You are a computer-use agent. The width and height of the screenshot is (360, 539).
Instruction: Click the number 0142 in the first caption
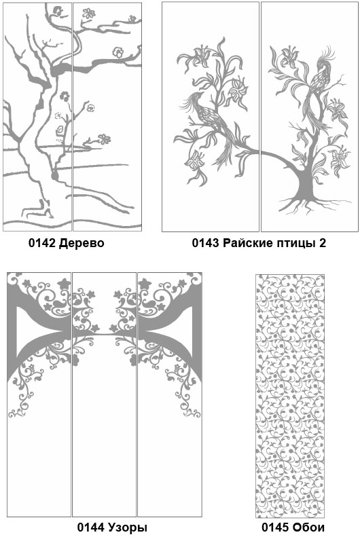click(42, 243)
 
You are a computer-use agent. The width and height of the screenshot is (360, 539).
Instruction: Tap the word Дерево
click(82, 243)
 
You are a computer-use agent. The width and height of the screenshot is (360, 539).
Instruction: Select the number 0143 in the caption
click(205, 243)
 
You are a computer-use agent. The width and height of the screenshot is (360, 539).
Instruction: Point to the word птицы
click(295, 244)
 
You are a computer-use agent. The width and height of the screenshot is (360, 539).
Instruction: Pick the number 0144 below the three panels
click(90, 527)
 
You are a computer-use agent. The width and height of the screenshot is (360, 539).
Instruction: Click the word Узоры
click(128, 527)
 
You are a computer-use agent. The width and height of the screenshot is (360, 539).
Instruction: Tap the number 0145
click(275, 527)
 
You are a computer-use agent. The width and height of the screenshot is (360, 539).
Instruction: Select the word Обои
click(308, 527)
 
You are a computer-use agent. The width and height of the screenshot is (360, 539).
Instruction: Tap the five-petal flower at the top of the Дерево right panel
click(89, 14)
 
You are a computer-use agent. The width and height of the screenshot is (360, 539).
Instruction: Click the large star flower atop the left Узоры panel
click(64, 283)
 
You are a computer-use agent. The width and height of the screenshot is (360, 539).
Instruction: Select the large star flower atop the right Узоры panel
click(145, 283)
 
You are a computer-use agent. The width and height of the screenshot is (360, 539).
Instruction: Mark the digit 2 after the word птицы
click(323, 243)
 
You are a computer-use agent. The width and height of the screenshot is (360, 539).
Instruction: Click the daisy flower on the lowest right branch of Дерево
click(104, 139)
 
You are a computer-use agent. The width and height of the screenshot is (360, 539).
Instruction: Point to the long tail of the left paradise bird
click(226, 148)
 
